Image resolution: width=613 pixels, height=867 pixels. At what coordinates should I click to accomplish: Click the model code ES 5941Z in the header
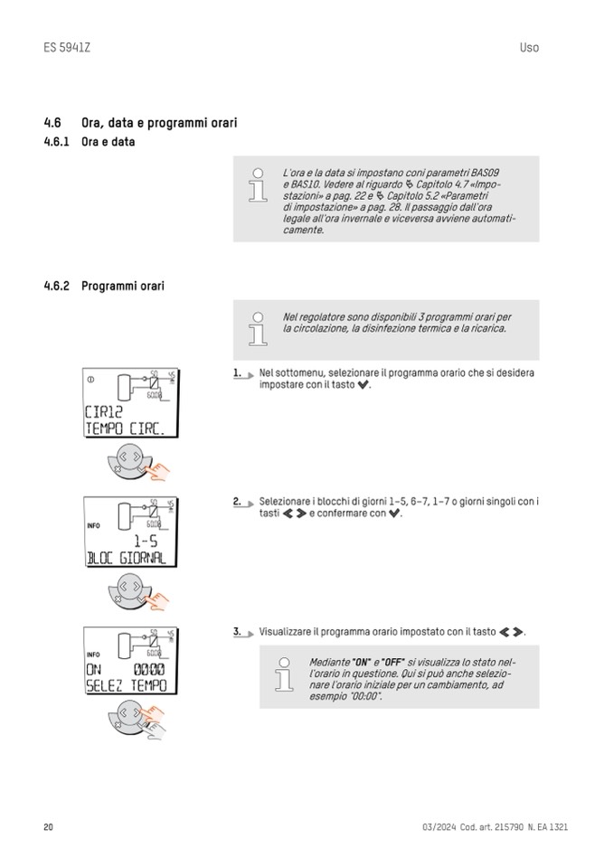point(67,47)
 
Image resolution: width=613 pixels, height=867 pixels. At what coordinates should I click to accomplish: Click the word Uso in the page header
point(529,47)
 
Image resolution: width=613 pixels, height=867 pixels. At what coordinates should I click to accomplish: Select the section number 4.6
point(52,123)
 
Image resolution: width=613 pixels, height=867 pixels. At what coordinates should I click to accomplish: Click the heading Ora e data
point(108,143)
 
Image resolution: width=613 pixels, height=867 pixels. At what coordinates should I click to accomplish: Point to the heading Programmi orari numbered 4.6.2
point(123,287)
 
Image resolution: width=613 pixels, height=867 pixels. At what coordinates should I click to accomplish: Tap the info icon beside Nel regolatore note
point(259,329)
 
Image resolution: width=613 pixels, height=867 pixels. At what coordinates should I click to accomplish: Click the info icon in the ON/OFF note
point(285,675)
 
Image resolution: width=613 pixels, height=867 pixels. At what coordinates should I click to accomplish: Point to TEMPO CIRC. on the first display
point(125,429)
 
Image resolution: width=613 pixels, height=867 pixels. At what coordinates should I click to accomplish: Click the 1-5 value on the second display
point(146,542)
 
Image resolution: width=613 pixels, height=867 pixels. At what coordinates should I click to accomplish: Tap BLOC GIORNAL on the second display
point(126,558)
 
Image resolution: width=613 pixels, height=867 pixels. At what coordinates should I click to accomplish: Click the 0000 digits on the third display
point(149,670)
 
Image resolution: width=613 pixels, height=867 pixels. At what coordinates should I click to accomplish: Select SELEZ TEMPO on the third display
point(126,686)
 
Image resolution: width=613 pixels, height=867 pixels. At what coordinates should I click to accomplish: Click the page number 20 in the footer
point(49,827)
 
